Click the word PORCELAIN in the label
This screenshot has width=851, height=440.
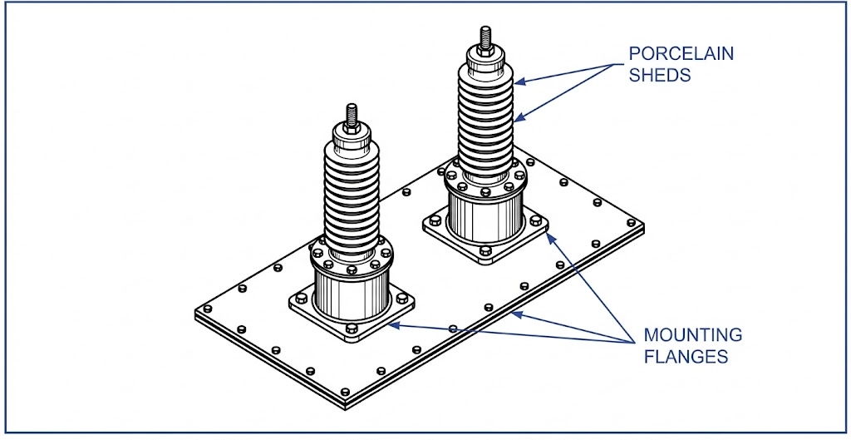tap(681, 54)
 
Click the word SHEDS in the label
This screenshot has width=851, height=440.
tap(660, 75)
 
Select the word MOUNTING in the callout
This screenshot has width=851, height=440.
tap(693, 336)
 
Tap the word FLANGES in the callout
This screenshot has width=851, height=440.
tap(686, 357)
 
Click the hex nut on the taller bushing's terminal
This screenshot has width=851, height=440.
tap(485, 51)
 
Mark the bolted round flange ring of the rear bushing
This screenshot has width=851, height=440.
tap(485, 178)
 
